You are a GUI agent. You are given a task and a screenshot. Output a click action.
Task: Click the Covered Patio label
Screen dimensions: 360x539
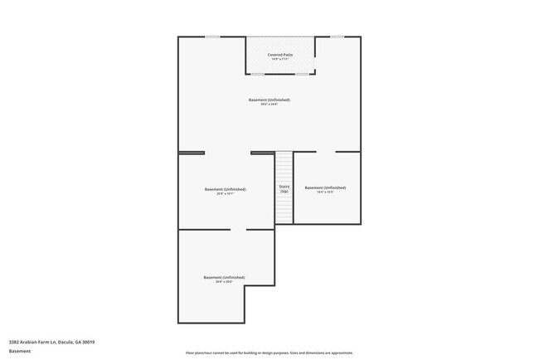[x=280, y=55]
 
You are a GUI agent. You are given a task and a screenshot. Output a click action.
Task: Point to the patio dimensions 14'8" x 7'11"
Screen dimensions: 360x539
[x=280, y=60]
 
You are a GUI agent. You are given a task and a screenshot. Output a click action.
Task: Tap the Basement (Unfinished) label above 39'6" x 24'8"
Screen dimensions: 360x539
[x=269, y=100]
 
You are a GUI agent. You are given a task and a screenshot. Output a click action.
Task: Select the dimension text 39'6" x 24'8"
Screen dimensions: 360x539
[x=269, y=105]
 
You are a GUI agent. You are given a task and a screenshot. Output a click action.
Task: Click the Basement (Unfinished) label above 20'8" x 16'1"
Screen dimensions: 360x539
[x=225, y=189]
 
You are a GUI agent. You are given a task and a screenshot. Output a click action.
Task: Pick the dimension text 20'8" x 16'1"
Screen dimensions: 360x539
[x=225, y=194]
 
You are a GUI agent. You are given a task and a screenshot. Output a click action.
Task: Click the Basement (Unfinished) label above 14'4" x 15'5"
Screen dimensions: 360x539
[x=325, y=187]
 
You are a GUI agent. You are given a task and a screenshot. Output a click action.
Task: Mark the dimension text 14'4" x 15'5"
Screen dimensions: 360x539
[x=325, y=192]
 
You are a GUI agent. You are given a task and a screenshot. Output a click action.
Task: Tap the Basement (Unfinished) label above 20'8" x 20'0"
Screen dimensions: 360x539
[x=224, y=277]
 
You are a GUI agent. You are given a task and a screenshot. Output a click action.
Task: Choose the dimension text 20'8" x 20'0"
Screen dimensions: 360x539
[x=224, y=282]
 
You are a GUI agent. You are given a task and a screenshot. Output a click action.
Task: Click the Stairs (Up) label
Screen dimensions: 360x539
[x=284, y=189]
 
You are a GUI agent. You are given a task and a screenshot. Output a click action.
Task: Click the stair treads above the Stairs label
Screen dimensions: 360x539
[x=284, y=166]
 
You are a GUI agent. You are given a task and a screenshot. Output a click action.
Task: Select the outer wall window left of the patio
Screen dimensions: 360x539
[x=213, y=36]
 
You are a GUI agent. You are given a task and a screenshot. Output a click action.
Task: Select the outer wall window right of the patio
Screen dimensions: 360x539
[x=337, y=36]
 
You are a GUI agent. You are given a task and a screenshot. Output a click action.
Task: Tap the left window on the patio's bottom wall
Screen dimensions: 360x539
[x=258, y=74]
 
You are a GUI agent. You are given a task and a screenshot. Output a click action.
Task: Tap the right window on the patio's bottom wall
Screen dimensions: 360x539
[x=303, y=74]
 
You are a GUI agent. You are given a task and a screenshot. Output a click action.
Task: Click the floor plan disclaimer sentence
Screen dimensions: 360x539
[x=269, y=352]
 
